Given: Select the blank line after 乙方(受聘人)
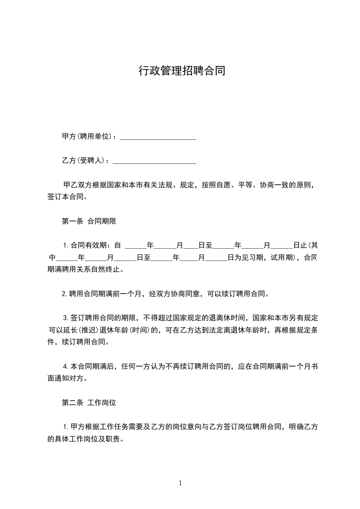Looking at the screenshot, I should pyautogui.click(x=154, y=161).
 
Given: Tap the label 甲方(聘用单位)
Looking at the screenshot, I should pyautogui.click(x=89, y=137).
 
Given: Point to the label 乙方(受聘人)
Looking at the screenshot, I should pyautogui.click(x=85, y=161).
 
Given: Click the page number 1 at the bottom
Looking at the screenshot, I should pyautogui.click(x=180, y=483).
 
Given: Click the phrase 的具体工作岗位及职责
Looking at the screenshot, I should pyautogui.click(x=85, y=439).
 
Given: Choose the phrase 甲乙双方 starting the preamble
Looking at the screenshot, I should pyautogui.click(x=77, y=186).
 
